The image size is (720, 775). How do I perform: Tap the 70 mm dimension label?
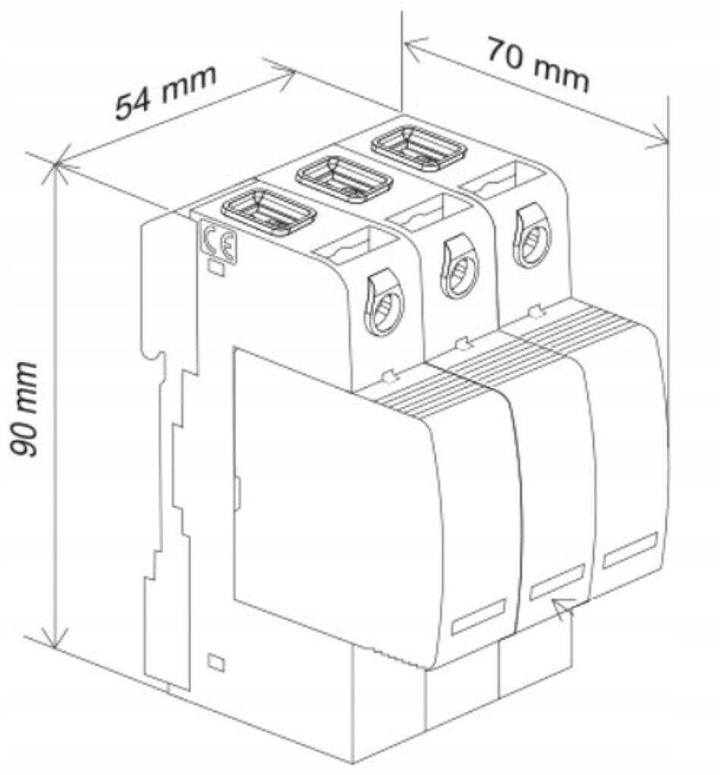(x=537, y=65)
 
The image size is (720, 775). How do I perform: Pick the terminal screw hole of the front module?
(x=385, y=304)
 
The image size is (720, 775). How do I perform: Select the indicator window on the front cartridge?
(x=478, y=616)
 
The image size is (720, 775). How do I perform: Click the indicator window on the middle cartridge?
(x=556, y=581)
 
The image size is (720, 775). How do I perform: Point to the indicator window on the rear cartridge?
(x=630, y=551)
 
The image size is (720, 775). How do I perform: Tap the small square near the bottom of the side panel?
(x=215, y=662)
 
